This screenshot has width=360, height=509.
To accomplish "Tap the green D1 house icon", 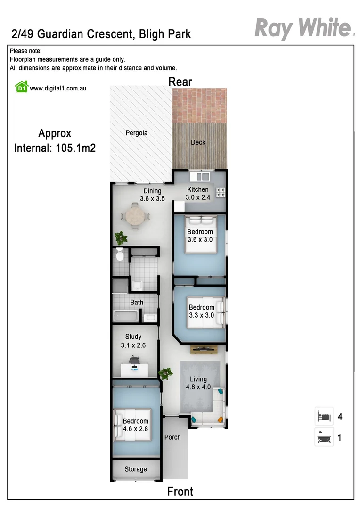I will pyautogui.click(x=21, y=87).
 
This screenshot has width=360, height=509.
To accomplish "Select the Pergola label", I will pyautogui.click(x=136, y=133).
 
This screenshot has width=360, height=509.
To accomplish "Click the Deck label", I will pyautogui.click(x=198, y=142).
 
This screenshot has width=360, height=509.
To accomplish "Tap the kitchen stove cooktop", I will pyautogui.click(x=221, y=192).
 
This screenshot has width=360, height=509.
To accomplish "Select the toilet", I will pyautogui.click(x=120, y=254).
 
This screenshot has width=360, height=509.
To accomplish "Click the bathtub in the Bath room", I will pyautogui.click(x=125, y=316).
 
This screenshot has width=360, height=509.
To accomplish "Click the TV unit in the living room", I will pyautogui.click(x=204, y=349).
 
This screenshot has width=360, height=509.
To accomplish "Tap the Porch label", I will pyautogui.click(x=172, y=437).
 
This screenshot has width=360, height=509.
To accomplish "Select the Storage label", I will pyautogui.click(x=136, y=469).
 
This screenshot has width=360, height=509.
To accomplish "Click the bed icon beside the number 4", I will pyautogui.click(x=324, y=417).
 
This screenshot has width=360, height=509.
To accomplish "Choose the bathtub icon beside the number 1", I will pyautogui.click(x=324, y=437).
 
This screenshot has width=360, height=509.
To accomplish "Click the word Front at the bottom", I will pyautogui.click(x=180, y=492).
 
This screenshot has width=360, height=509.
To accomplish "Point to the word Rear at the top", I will pyautogui.click(x=180, y=82).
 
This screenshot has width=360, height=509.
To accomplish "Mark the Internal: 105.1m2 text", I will pyautogui.click(x=55, y=148).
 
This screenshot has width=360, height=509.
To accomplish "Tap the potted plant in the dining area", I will pyautogui.click(x=121, y=237).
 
